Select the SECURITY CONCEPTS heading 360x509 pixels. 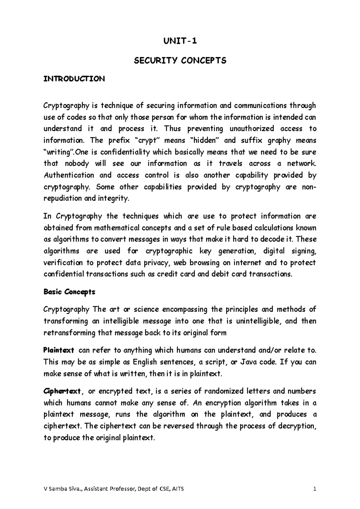[x=180, y=61]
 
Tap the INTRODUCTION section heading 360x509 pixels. [x=74, y=79]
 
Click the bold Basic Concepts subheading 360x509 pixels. [x=69, y=292]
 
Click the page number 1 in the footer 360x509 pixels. [x=314, y=489]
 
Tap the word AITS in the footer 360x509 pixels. [x=178, y=489]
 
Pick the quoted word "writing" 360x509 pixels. [x=58, y=152]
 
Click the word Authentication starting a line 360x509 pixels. [x=69, y=175]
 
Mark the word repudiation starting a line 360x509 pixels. [x=63, y=198]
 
